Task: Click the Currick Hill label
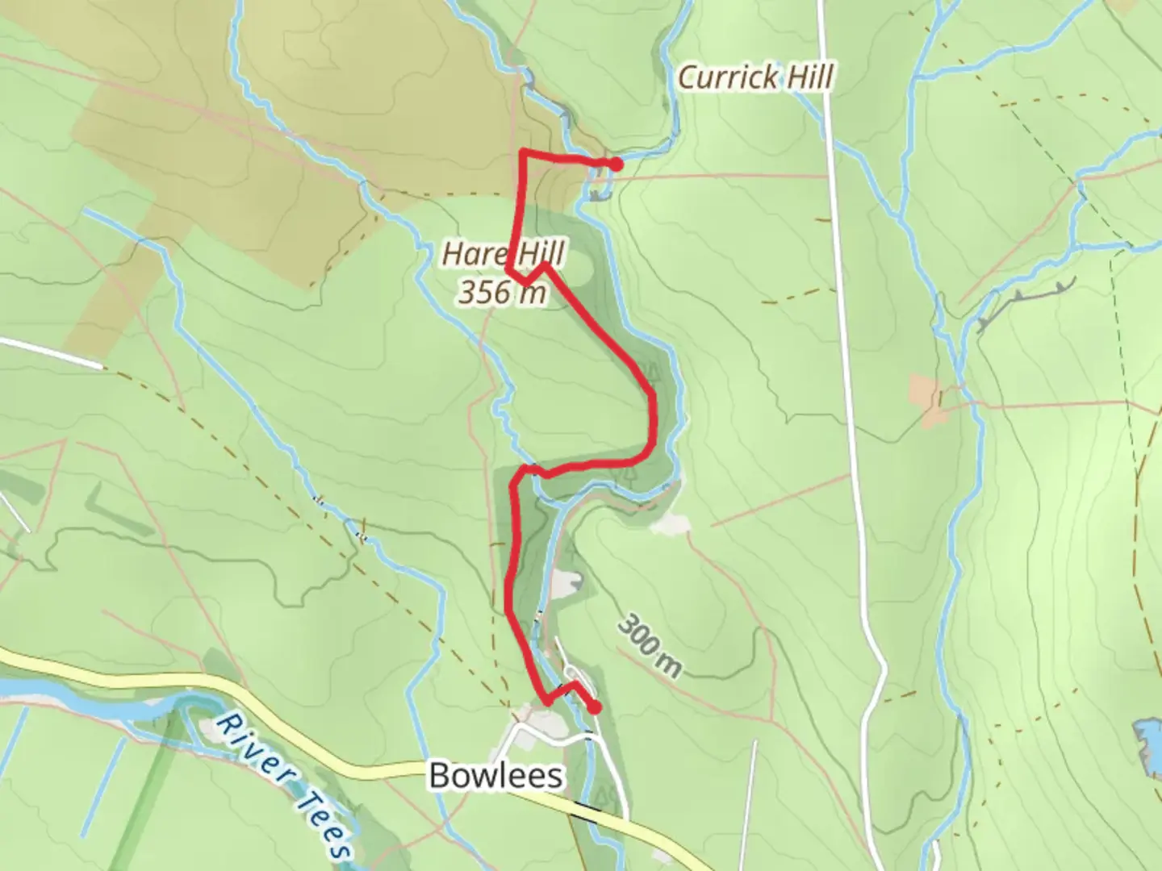755,78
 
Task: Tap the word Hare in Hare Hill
473,254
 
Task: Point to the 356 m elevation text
502,292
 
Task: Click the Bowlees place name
495,776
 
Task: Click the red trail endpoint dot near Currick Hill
616,165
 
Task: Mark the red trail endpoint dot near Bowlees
595,708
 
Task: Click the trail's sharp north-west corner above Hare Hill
524,152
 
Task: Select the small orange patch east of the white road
926,398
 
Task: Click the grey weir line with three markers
1025,302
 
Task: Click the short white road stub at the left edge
50,352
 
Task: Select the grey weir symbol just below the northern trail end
598,194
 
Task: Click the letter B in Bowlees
440,776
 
